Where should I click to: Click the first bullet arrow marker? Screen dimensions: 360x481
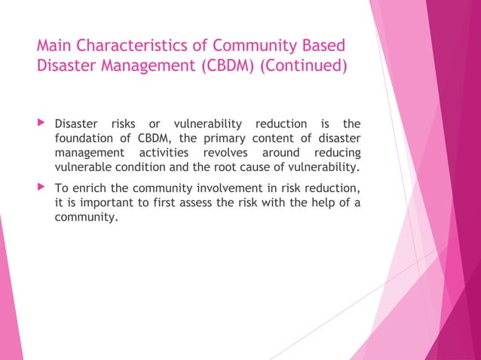41,123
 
